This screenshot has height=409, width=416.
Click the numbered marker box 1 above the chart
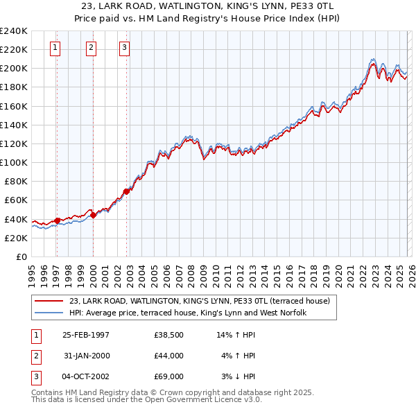(55, 48)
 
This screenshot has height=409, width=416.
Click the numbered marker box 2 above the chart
(91, 48)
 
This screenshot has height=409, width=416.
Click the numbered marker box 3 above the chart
(123, 48)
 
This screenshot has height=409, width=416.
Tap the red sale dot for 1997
(58, 220)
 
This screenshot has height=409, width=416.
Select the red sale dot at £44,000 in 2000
(94, 215)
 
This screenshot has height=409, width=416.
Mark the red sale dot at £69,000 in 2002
(126, 191)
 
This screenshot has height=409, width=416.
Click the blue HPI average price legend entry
(187, 313)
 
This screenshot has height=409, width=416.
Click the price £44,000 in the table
(169, 356)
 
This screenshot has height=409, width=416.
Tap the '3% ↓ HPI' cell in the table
(239, 376)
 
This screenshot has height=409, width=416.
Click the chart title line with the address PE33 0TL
(208, 6)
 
